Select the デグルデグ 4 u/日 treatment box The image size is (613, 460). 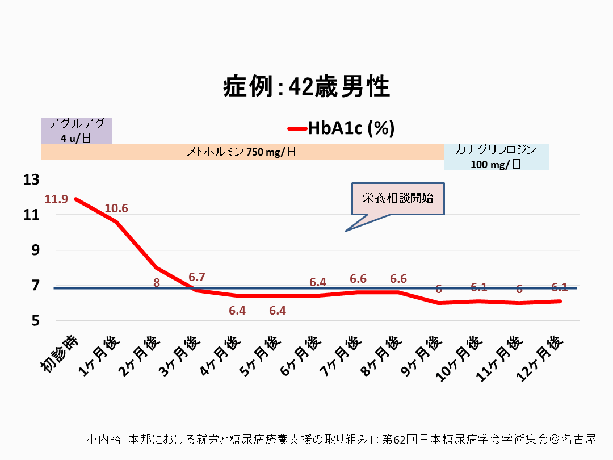coord(77,131)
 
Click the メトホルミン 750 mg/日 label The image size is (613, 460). coord(242,152)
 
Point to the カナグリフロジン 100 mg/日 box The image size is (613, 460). coord(496,157)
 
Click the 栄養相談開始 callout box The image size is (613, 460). coord(398,198)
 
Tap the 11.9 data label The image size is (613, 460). coord(57,199)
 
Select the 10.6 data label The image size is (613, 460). coord(116,208)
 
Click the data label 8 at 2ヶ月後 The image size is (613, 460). coord(157,282)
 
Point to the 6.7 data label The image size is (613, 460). coord(197,277)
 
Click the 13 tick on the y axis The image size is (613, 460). coord(32,179)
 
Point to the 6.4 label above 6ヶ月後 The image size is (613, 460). coord(318,282)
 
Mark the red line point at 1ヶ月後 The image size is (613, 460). coord(116,221)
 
